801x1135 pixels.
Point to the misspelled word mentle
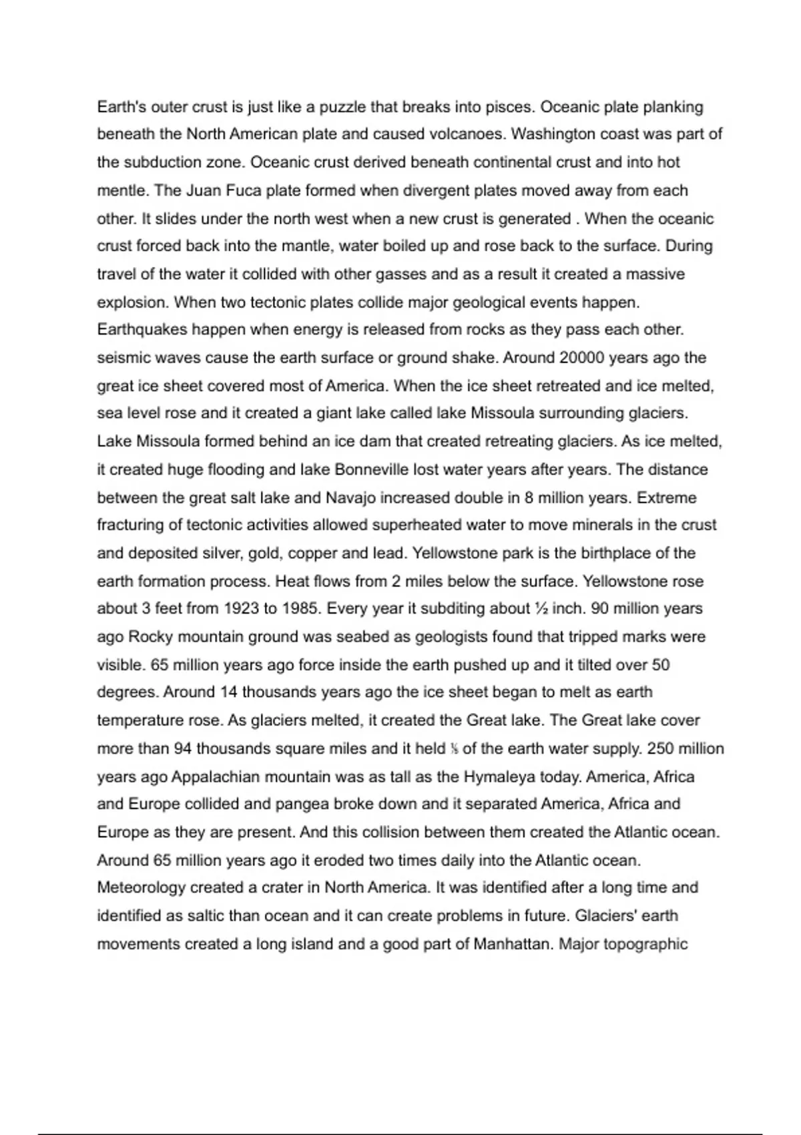[123, 190]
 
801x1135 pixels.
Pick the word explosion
[132, 302]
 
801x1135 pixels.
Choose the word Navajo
[352, 497]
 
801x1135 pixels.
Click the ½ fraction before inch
[541, 609]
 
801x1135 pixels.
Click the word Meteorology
[141, 888]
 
